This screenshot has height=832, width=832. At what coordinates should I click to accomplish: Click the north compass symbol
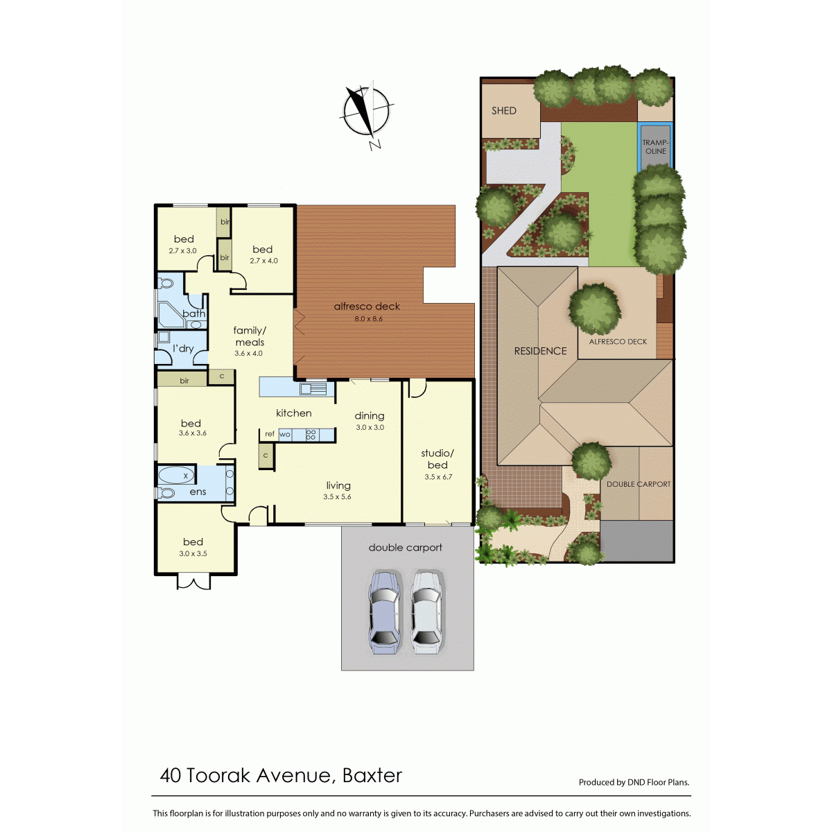pyautogui.click(x=367, y=113)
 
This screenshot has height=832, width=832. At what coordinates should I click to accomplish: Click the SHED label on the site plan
pyautogui.click(x=504, y=111)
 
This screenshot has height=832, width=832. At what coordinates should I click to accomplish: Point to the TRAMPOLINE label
pyautogui.click(x=655, y=147)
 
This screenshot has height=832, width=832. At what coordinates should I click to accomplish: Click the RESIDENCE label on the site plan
pyautogui.click(x=540, y=351)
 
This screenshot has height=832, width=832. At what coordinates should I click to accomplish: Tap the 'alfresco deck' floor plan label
pyautogui.click(x=367, y=306)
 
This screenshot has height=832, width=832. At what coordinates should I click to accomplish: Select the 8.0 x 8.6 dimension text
pyautogui.click(x=369, y=319)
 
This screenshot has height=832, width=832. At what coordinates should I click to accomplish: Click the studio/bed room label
pyautogui.click(x=437, y=459)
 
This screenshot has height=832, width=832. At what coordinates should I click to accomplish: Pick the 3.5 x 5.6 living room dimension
pyautogui.click(x=337, y=497)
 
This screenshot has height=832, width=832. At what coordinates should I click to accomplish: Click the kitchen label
pyautogui.click(x=293, y=413)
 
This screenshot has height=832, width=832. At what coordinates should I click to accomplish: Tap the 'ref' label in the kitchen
pyautogui.click(x=270, y=434)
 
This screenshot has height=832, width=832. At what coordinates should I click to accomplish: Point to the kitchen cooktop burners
pyautogui.click(x=311, y=434)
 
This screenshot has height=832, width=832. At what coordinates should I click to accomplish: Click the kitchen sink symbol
pyautogui.click(x=313, y=388)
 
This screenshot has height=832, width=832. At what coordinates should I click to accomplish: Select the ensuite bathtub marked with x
pyautogui.click(x=177, y=476)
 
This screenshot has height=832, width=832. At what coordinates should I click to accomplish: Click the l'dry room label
pyautogui.click(x=183, y=349)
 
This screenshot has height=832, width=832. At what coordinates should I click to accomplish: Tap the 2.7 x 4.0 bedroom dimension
pyautogui.click(x=263, y=261)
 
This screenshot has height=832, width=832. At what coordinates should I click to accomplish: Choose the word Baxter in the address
pyautogui.click(x=372, y=776)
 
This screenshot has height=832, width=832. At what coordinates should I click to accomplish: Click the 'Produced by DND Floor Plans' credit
pyautogui.click(x=634, y=782)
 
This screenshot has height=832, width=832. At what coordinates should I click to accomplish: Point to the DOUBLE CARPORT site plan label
pyautogui.click(x=639, y=485)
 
